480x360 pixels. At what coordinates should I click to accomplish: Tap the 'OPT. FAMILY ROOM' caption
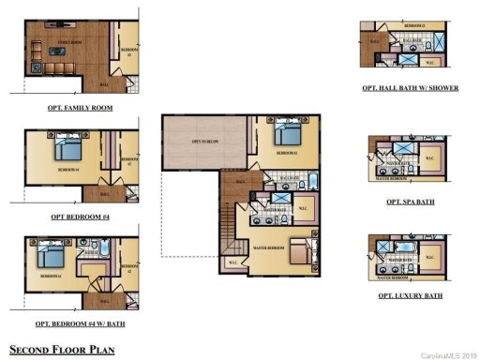click(x=80, y=108)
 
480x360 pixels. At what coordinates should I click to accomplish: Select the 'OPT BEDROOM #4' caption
click(x=80, y=217)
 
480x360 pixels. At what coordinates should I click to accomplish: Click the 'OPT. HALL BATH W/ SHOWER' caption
click(x=407, y=88)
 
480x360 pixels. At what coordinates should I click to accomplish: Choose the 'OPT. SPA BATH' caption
click(x=410, y=202)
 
